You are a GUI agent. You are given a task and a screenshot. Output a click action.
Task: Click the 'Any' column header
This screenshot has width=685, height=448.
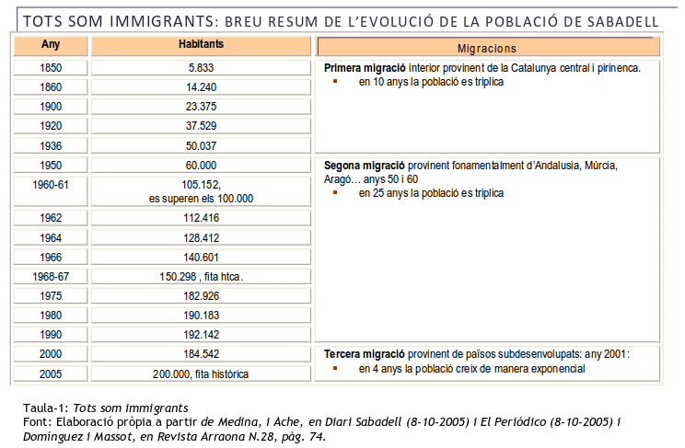(51, 44)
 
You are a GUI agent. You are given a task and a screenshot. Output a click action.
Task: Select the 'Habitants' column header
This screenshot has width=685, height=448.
(201, 44)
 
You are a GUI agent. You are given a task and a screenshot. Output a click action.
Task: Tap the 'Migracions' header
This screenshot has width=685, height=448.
(486, 48)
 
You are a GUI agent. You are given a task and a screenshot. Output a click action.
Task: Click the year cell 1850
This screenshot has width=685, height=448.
(51, 67)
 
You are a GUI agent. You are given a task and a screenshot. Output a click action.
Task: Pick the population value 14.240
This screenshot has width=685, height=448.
(201, 86)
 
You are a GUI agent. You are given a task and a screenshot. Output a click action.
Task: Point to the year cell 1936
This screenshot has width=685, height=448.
(51, 145)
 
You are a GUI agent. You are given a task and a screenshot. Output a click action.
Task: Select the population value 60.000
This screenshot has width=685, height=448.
(201, 165)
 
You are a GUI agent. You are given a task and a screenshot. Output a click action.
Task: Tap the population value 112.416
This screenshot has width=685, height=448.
(201, 218)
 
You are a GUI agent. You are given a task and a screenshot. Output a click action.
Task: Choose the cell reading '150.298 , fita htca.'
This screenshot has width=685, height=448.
(201, 276)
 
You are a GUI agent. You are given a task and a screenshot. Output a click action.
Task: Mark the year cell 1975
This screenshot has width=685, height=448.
(51, 295)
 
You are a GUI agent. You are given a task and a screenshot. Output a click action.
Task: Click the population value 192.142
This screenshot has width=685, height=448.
(201, 334)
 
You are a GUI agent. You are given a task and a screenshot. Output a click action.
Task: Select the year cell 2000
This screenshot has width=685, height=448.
(51, 353)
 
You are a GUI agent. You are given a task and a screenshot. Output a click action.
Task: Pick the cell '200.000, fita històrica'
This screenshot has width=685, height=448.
(201, 373)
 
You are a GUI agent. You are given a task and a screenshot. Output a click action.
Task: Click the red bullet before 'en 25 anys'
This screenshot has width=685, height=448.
(336, 193)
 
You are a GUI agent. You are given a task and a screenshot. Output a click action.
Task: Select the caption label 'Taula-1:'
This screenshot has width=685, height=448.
(45, 408)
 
